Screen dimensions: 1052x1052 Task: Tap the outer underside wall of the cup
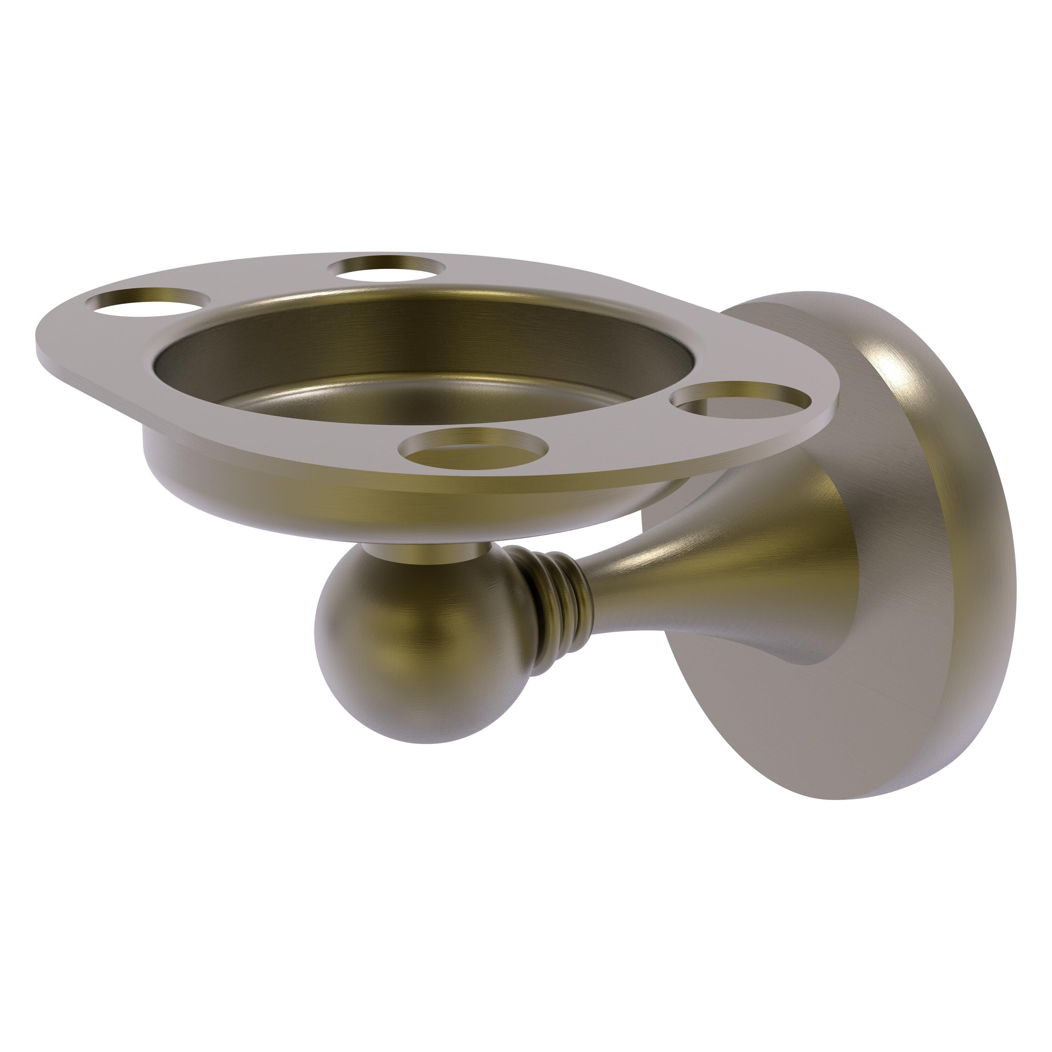coord(327,512)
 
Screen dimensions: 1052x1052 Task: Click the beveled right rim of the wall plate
coord(980,572)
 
